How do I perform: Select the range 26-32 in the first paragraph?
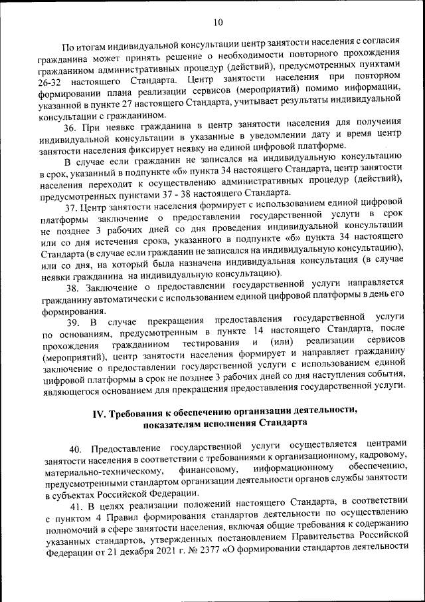coord(54,80)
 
